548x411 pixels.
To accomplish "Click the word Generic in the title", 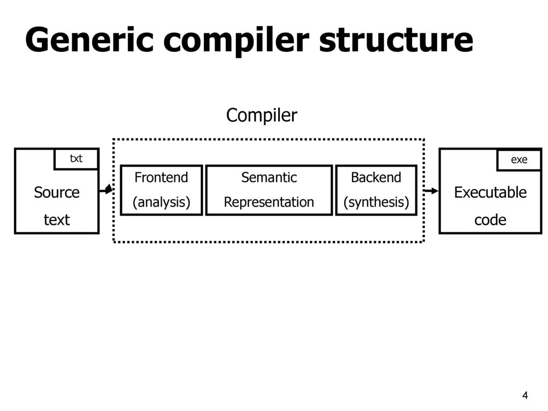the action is [x=89, y=40].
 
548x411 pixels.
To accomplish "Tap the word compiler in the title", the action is [x=236, y=41].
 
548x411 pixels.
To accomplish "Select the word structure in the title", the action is [x=397, y=40].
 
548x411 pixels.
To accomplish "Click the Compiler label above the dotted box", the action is [x=262, y=116].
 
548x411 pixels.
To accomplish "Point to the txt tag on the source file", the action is [x=76, y=158].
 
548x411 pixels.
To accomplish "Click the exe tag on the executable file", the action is [x=519, y=159].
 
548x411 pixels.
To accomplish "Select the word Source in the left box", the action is [x=57, y=193].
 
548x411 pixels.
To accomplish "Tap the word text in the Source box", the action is [x=57, y=220].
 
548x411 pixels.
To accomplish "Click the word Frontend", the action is [x=161, y=178].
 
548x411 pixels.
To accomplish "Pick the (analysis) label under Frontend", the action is [x=161, y=202].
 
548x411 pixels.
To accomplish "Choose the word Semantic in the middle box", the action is [x=269, y=178].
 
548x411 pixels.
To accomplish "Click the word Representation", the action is [x=269, y=202].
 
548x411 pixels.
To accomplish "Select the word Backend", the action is [x=376, y=178].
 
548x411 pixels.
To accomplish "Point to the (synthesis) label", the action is [x=376, y=202].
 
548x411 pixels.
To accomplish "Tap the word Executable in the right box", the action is [x=490, y=193].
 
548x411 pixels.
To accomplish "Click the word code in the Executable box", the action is [x=490, y=220].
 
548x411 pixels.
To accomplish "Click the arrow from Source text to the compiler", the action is [x=106, y=190].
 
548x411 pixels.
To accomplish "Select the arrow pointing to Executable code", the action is [x=431, y=191].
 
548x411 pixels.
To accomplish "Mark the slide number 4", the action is [x=525, y=395].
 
